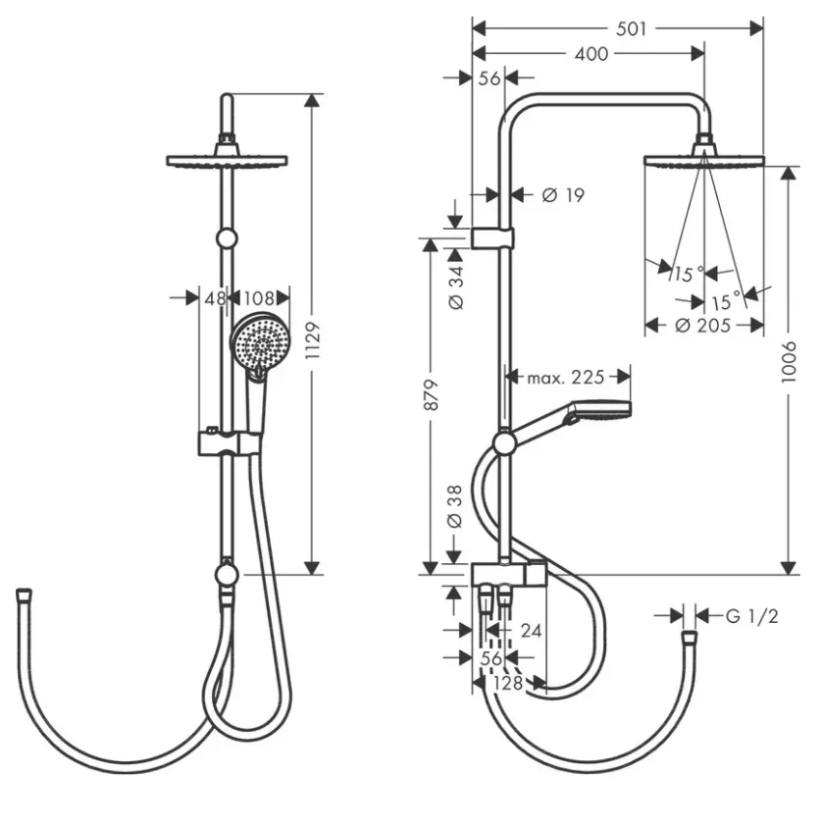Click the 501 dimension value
coord(631,28)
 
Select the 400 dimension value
coord(591,53)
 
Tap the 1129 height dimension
coord(313,340)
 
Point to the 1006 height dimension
coord(789,362)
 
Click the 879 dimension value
coord(432,394)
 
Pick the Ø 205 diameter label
coord(703,325)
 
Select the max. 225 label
coord(566,377)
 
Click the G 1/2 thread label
coord(751,616)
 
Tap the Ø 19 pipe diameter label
coord(563,195)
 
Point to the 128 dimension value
coord(507,683)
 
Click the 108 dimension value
coord(259,298)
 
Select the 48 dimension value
coord(215,298)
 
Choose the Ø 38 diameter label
coord(454,507)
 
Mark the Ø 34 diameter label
coord(455,287)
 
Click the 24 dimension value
coord(531,630)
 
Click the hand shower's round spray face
coord(260,342)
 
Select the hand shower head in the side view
coord(598,411)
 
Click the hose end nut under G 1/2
coord(689,637)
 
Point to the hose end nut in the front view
coord(24,596)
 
